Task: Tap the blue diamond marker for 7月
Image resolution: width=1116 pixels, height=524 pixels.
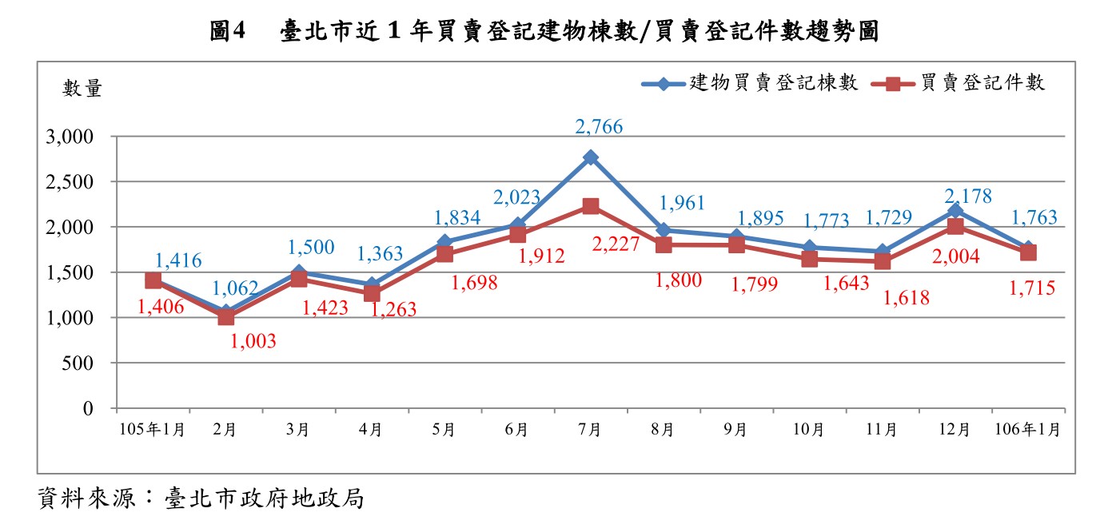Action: tap(591, 157)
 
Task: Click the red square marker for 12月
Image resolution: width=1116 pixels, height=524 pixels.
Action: tap(955, 227)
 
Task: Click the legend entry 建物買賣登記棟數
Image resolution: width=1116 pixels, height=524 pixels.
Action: tap(750, 83)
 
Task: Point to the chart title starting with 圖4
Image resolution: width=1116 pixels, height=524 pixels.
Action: tap(544, 32)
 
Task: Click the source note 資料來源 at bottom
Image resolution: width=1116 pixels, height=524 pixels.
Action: tap(201, 499)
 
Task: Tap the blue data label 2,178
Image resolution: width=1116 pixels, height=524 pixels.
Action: tap(947, 196)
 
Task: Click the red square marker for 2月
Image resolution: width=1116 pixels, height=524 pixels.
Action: tap(225, 317)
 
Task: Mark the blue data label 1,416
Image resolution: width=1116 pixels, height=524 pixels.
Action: tap(177, 260)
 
